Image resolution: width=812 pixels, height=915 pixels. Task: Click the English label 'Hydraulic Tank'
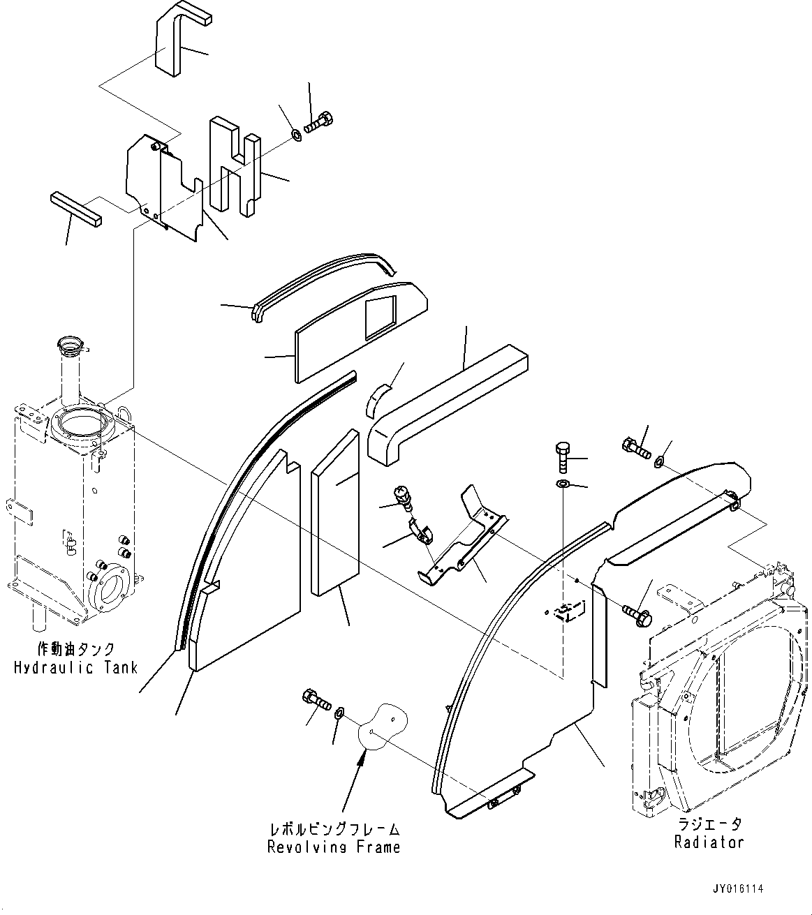pyautogui.click(x=75, y=667)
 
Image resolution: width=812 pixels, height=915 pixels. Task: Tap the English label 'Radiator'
pyautogui.click(x=709, y=842)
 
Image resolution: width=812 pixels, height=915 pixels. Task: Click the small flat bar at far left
pyautogui.click(x=76, y=210)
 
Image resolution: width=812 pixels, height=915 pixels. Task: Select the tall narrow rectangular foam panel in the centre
pyautogui.click(x=335, y=513)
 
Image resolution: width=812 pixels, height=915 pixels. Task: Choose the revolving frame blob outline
pyautogui.click(x=383, y=724)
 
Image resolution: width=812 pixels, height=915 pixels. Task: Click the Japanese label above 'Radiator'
pyautogui.click(x=709, y=824)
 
